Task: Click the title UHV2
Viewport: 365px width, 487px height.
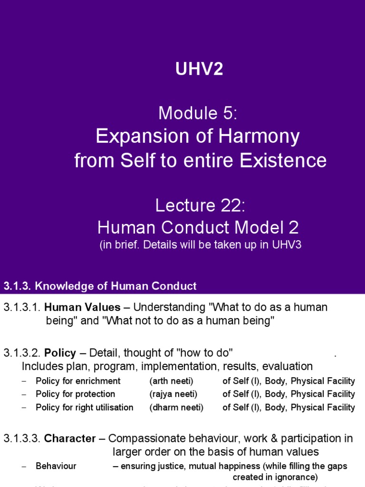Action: click(199, 70)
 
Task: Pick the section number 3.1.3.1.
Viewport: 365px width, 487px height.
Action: click(22, 307)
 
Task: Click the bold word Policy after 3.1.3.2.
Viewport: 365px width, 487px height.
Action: click(60, 353)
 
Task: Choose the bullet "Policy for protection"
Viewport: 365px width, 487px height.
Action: click(76, 394)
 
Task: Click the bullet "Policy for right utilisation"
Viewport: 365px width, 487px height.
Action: click(85, 408)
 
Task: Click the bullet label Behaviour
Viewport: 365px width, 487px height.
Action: click(56, 466)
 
